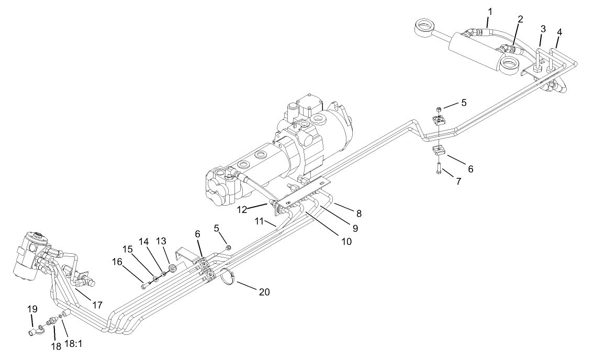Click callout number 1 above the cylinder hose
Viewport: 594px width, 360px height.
(490, 11)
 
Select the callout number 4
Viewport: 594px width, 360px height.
(559, 32)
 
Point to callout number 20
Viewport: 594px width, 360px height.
(265, 292)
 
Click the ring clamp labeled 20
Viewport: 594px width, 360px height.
(227, 277)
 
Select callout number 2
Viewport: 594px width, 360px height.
(520, 19)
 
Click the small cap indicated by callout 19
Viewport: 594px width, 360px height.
(33, 331)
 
